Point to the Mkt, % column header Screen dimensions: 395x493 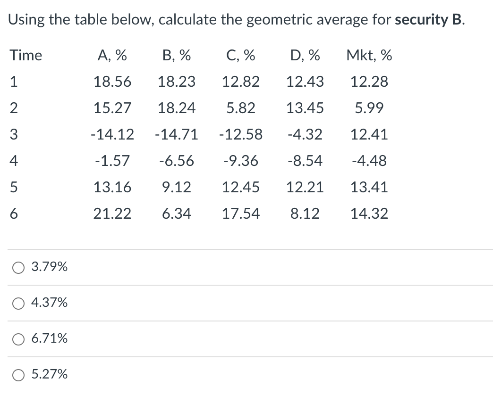[369, 56]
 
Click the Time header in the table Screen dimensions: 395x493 [26, 56]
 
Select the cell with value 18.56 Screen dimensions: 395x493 [112, 82]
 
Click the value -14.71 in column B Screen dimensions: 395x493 [176, 135]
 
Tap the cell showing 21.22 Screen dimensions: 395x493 [112, 214]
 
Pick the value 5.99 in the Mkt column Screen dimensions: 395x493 [369, 108]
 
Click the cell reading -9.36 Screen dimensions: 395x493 [241, 161]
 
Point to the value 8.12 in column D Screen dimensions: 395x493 [305, 214]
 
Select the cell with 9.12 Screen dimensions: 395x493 [176, 188]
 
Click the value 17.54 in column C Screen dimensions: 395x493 [241, 214]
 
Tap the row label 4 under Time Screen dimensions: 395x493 [14, 161]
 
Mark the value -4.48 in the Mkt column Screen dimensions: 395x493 [369, 161]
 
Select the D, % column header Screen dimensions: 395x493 [305, 56]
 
